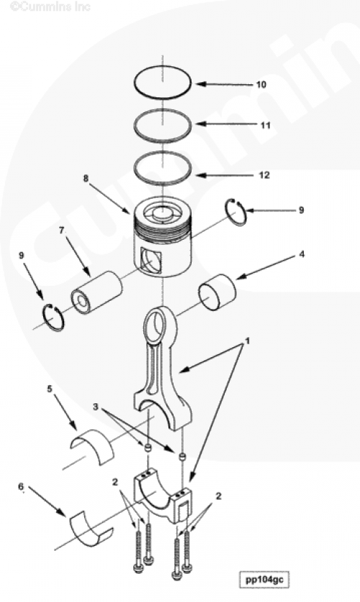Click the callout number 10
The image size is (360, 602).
pos(261,84)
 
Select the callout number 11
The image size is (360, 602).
pos(266,125)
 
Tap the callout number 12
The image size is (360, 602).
pos(264,175)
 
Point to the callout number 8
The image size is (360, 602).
pos(86,178)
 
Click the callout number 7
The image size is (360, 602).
pos(61,230)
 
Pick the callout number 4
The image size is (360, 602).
pos(302,253)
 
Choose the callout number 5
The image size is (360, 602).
pos(50,389)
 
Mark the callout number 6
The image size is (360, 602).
pos(21,487)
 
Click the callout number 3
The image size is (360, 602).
pos(96,407)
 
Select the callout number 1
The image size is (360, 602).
pos(248,341)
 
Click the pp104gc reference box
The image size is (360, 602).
pos(264,579)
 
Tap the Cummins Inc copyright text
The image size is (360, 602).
pos(50,6)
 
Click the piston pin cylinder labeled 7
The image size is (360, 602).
pos(96,292)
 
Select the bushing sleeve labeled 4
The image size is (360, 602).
pos(217,292)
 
